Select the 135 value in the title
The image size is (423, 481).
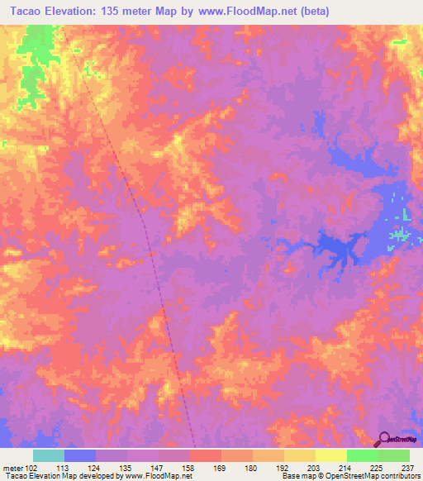[x=114, y=12]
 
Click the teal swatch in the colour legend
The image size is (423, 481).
[x=49, y=455]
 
